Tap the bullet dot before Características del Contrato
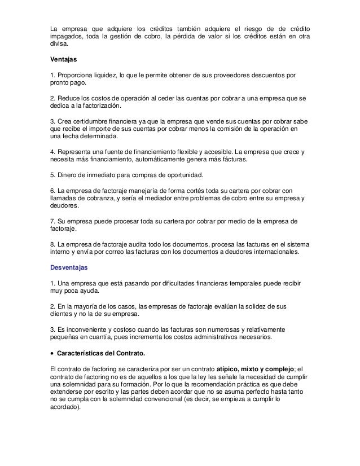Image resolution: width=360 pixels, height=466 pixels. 52,354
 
